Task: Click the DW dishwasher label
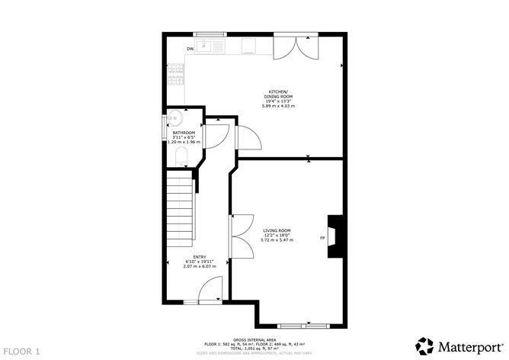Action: tap(190, 50)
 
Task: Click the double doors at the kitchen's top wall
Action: tap(296, 47)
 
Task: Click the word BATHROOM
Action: tap(183, 133)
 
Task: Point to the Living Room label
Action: tap(277, 230)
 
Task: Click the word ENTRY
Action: tap(199, 257)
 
